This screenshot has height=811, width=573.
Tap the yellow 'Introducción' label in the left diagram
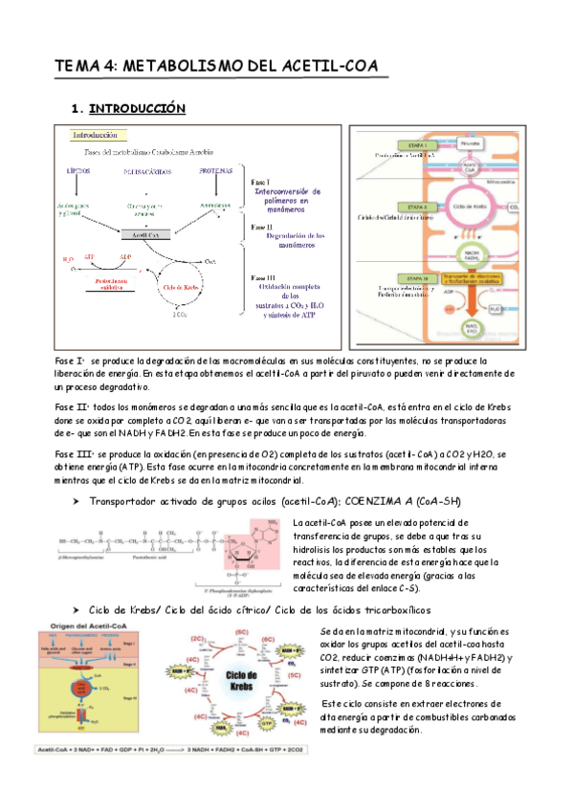click(99, 136)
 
